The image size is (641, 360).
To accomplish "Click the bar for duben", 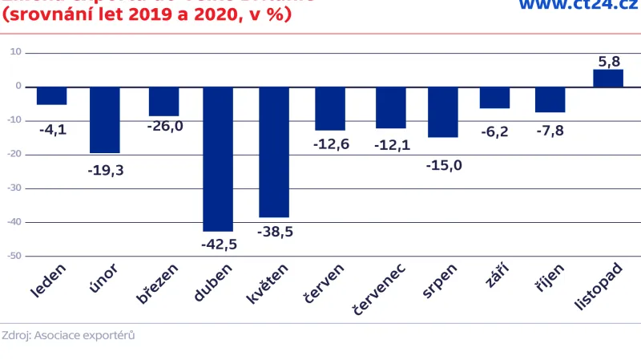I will pyautogui.click(x=218, y=159).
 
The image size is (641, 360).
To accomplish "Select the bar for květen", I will pyautogui.click(x=274, y=152).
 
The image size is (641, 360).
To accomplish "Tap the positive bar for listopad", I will pyautogui.click(x=608, y=78).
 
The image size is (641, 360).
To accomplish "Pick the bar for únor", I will pyautogui.click(x=105, y=119).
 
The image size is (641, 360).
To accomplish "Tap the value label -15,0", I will pyautogui.click(x=444, y=165).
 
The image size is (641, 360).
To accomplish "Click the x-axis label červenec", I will pyautogui.click(x=379, y=288).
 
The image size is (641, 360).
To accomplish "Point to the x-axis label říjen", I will pyautogui.click(x=550, y=281).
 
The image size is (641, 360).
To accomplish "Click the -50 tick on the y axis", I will pyautogui.click(x=15, y=257).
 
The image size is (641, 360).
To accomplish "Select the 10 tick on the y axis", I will pyautogui.click(x=17, y=52).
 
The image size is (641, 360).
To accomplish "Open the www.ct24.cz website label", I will pyautogui.click(x=577, y=6).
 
